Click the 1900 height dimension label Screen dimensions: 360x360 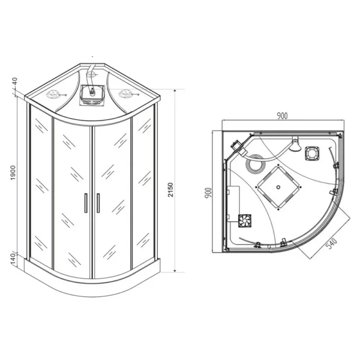(13, 173)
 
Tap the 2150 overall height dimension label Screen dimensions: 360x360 (170, 190)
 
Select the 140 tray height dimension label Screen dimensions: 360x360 (14, 259)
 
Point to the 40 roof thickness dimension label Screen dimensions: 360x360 (14, 82)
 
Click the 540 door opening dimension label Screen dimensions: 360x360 (332, 244)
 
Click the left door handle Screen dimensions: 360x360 (86, 203)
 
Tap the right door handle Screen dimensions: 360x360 (98, 203)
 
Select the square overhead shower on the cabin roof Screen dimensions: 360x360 (92, 95)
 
